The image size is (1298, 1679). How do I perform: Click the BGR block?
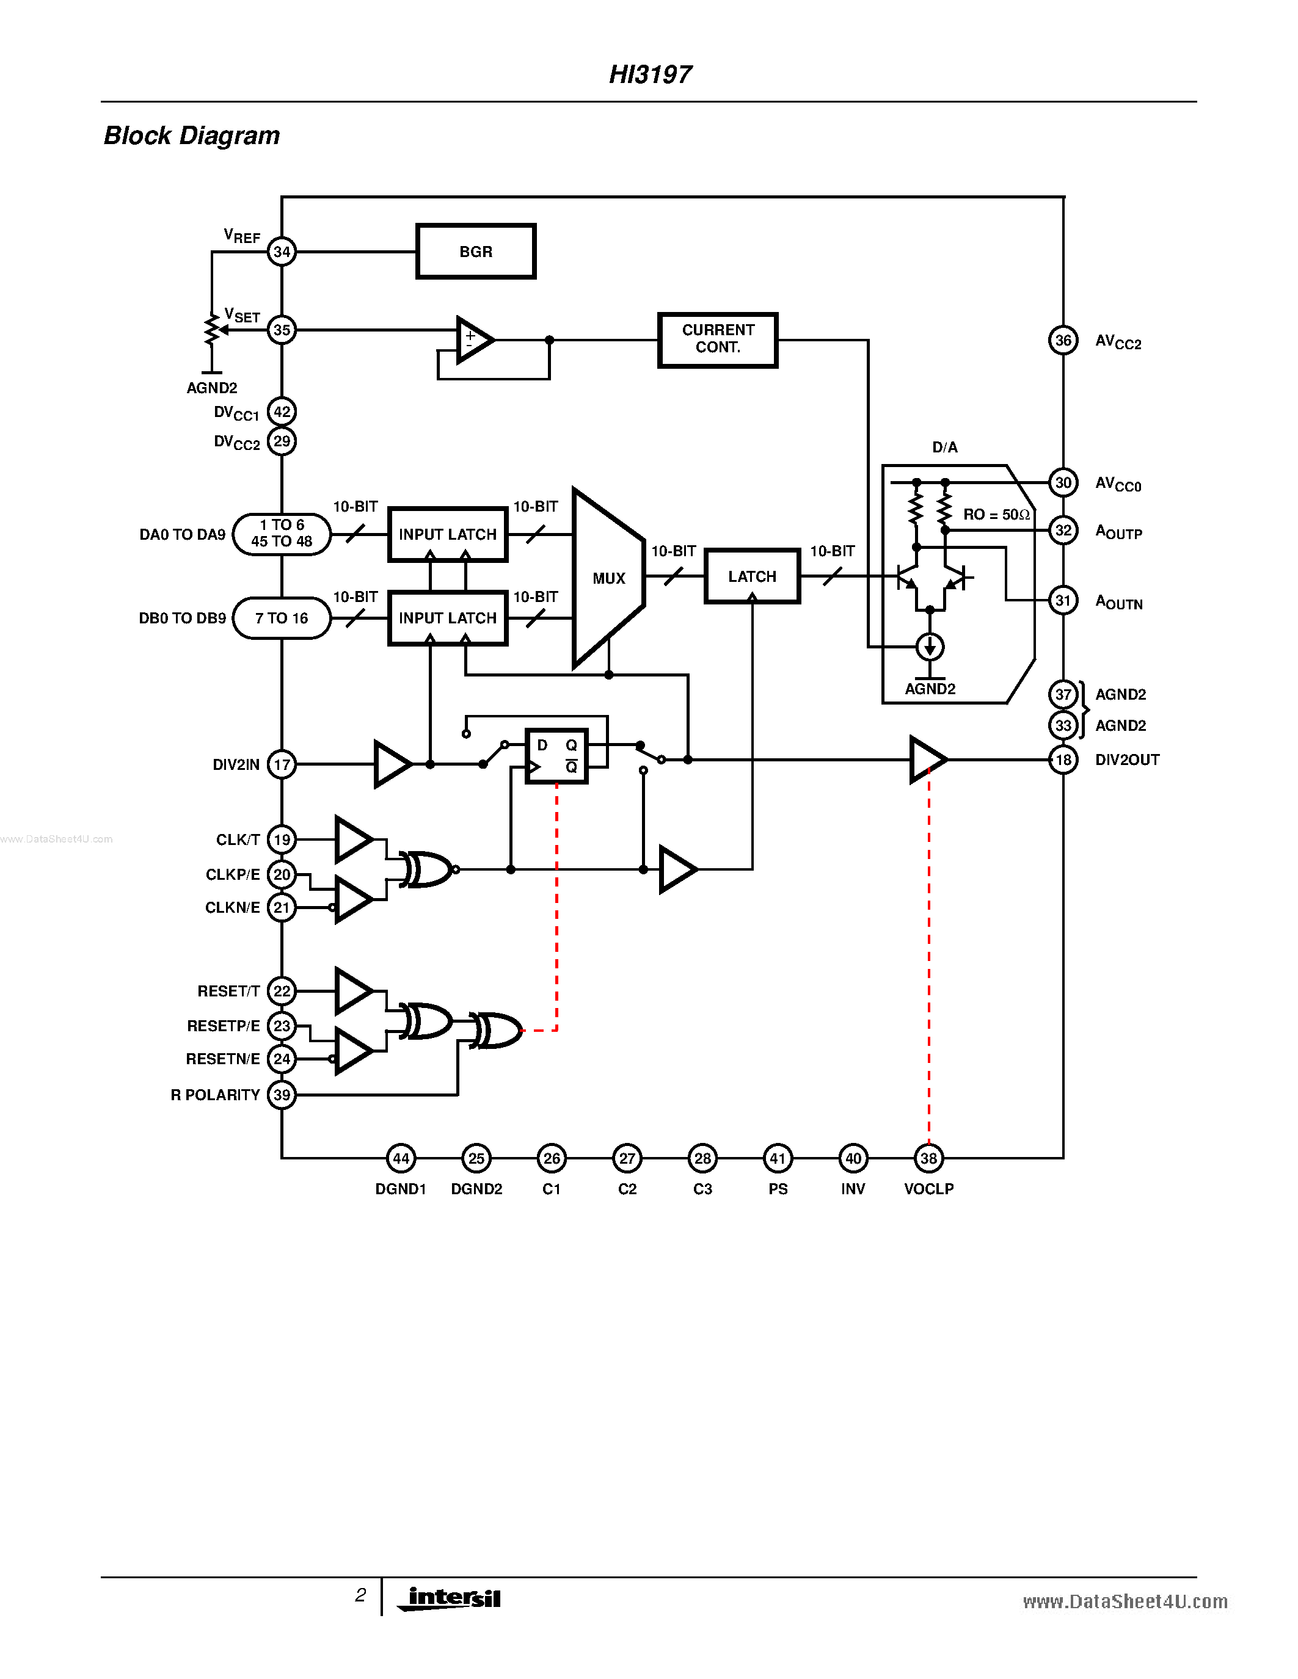[475, 252]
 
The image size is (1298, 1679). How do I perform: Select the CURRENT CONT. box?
[718, 339]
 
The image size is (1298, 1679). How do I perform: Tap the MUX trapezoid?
[608, 578]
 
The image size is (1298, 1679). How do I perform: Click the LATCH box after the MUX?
[751, 576]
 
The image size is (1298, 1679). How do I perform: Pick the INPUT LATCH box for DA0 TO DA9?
[448, 534]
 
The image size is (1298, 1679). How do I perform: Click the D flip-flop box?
[556, 756]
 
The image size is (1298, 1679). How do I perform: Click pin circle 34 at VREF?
[282, 252]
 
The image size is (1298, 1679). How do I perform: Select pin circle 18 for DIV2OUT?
[1063, 760]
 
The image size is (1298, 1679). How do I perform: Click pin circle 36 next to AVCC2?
[1063, 341]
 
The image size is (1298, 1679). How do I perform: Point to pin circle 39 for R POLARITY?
[282, 1095]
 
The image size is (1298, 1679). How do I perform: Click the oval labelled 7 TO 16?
[282, 618]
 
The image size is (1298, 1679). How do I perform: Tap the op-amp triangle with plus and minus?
[473, 339]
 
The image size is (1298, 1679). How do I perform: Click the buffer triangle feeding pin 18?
[926, 760]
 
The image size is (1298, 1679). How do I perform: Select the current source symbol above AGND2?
[930, 647]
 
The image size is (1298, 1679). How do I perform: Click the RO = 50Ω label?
[996, 514]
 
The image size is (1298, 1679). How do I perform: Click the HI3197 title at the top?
[650, 74]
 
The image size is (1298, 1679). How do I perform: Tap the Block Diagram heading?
[191, 136]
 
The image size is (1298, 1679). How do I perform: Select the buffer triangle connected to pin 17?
[391, 764]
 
